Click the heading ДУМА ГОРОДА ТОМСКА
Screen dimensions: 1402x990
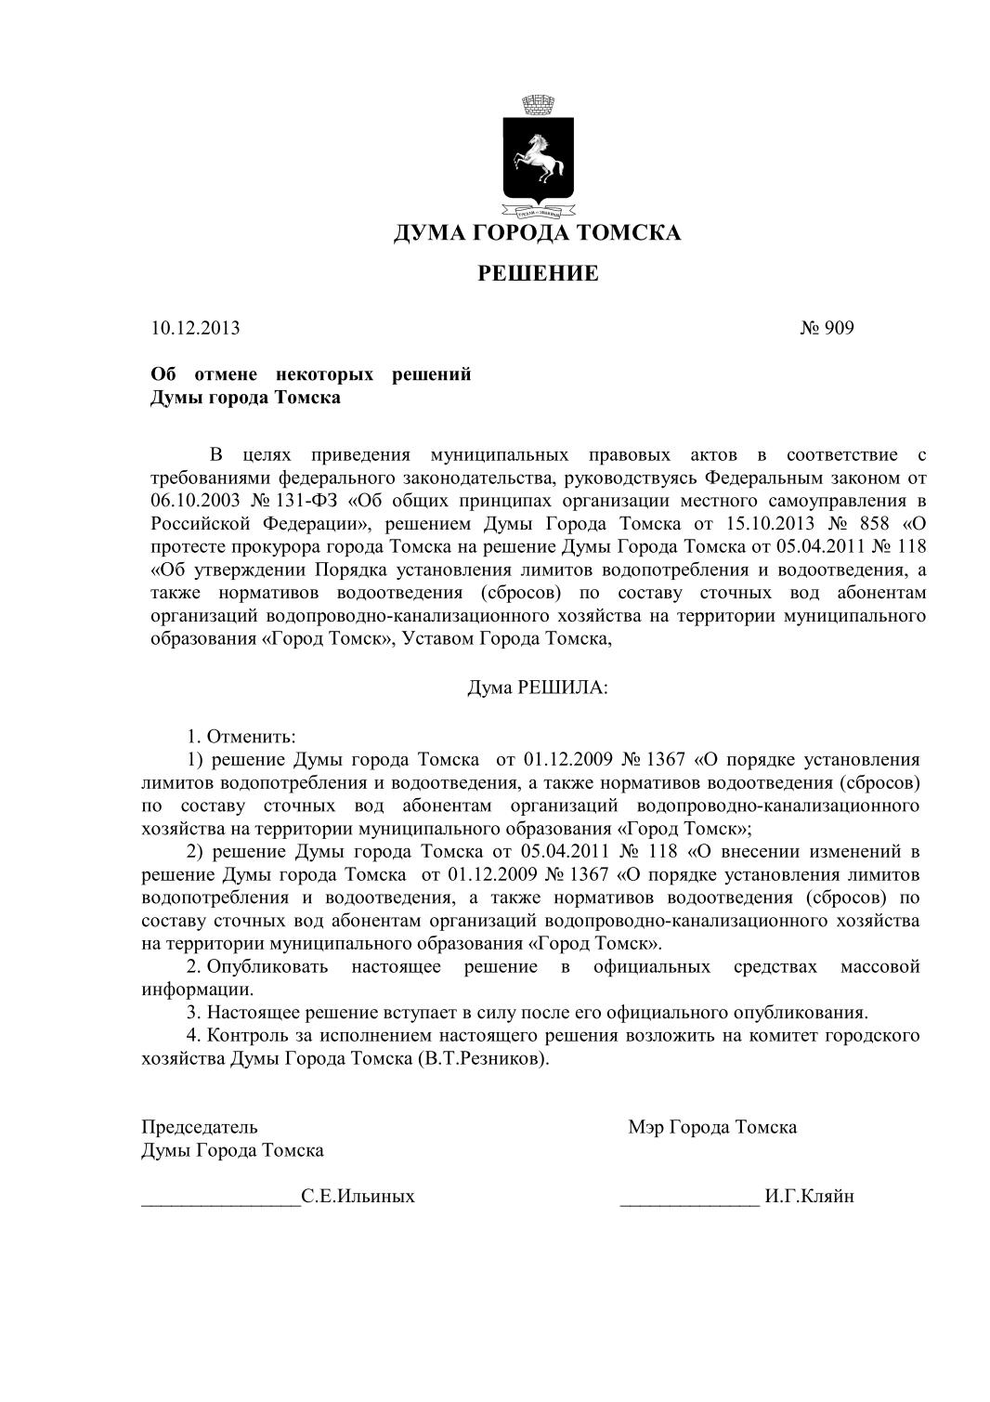(537, 232)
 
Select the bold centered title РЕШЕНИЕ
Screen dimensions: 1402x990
(538, 273)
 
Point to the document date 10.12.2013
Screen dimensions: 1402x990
(195, 328)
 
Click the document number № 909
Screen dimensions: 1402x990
(826, 328)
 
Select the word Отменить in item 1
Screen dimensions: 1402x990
(250, 737)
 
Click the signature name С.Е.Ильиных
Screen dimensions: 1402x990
(358, 1197)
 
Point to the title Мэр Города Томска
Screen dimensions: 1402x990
(711, 1127)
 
